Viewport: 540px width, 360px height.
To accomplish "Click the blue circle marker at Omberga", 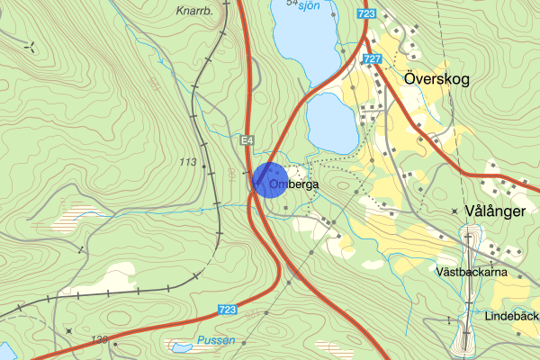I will click(269, 179).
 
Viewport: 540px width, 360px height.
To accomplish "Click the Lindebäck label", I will click(510, 318).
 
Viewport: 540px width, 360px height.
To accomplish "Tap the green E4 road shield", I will click(247, 140).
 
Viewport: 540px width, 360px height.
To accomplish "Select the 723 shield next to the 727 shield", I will click(365, 14).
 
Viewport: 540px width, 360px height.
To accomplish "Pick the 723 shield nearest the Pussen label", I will click(228, 310).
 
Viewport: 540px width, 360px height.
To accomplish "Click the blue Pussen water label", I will click(216, 340).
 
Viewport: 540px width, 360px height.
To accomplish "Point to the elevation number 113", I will click(188, 162).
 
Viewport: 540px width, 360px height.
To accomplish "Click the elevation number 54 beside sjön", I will click(291, 4).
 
